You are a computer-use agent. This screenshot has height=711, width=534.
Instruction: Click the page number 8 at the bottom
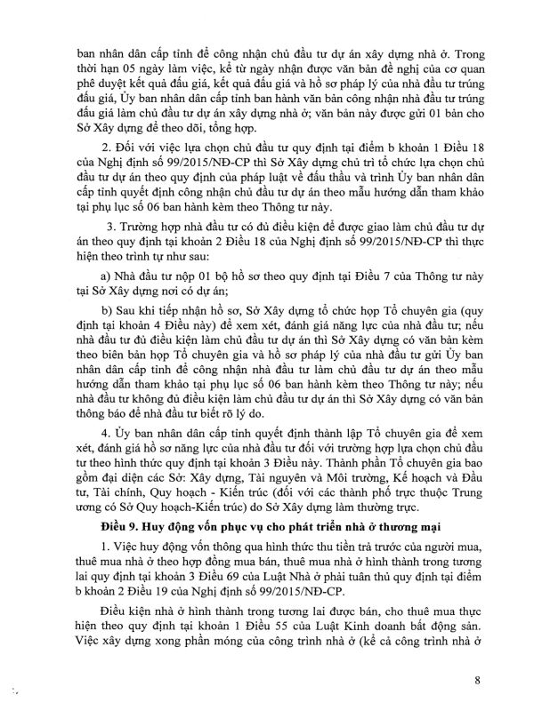[478, 682]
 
